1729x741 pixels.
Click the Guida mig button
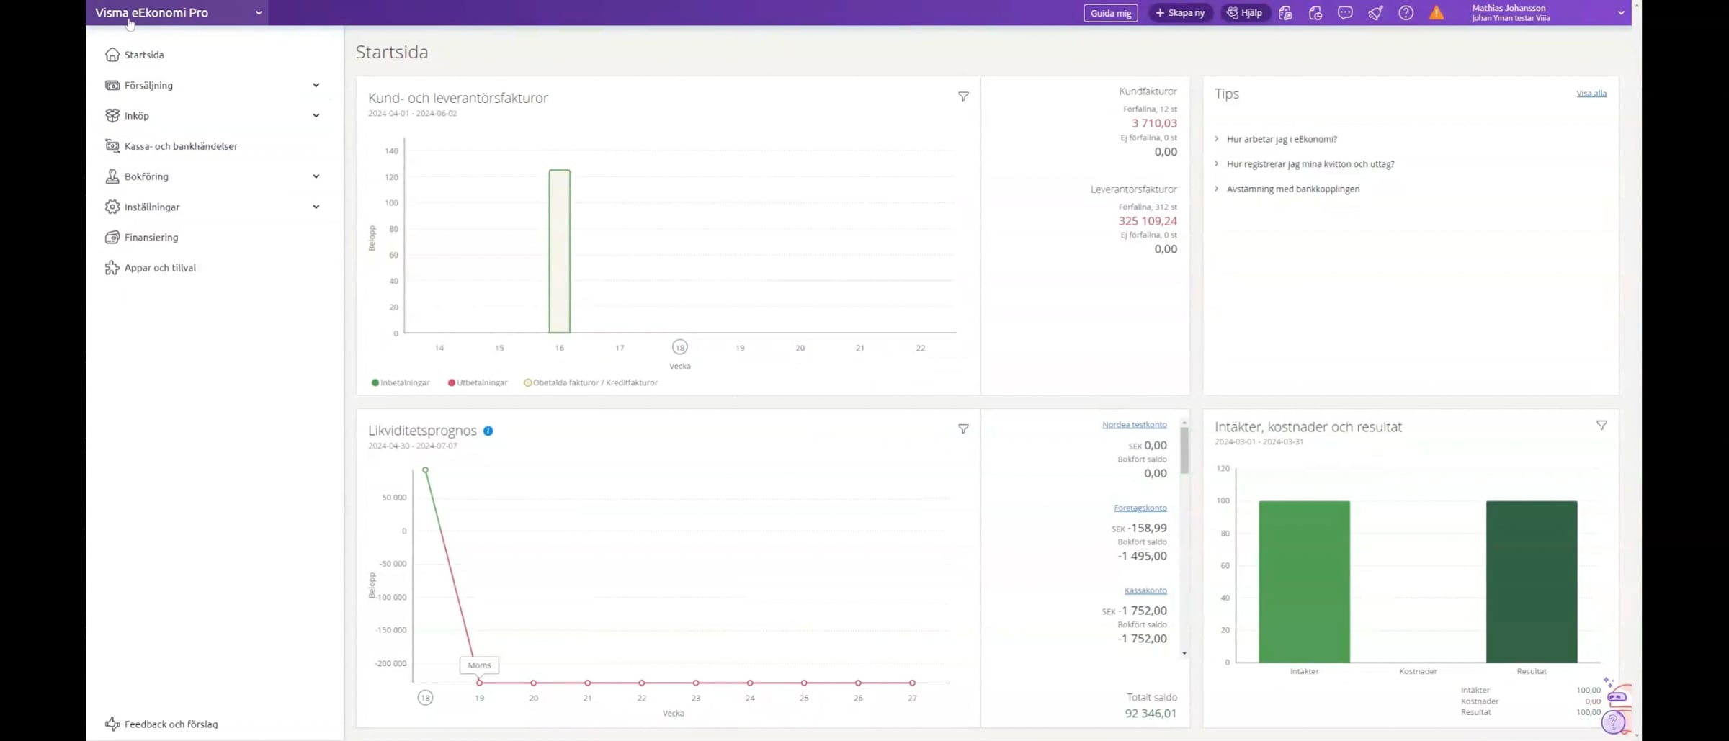pos(1110,13)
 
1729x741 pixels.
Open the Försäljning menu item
pos(148,85)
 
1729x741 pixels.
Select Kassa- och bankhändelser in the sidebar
pos(180,146)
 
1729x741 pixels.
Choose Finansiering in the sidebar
pos(151,237)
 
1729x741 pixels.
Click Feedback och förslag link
pos(171,724)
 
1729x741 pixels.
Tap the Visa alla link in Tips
pos(1591,94)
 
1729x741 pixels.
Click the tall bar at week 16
pos(560,251)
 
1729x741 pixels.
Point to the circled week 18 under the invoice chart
pos(679,347)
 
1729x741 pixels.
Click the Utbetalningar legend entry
pos(478,382)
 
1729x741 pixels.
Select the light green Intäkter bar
pos(1304,582)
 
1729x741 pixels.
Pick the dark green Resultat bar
pos(1531,582)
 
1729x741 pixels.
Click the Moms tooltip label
pos(479,665)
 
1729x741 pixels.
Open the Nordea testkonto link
pos(1134,425)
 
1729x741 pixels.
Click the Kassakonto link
pos(1145,590)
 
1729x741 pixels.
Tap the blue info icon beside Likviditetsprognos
pos(488,431)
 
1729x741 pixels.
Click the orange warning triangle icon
pos(1436,13)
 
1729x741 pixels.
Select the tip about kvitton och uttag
pos(1310,164)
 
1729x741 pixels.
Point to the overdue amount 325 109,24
pos(1148,221)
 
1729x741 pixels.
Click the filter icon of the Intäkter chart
pos(1601,426)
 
